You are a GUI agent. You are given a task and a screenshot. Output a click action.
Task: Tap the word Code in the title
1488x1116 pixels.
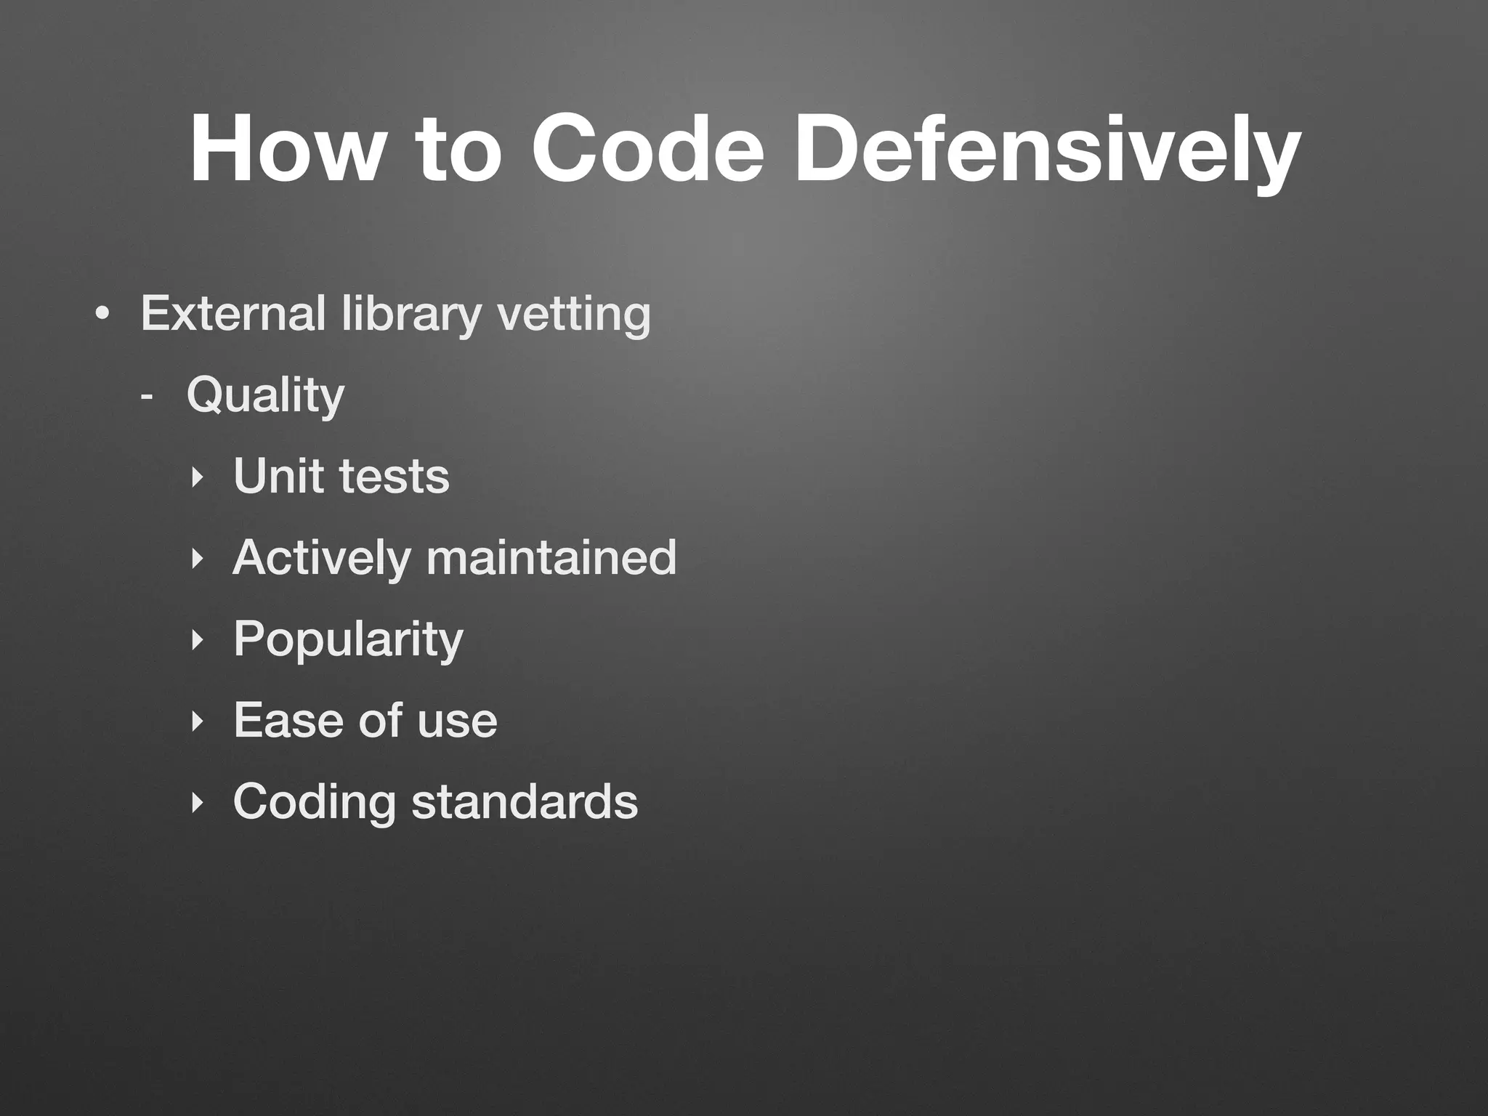pyautogui.click(x=647, y=150)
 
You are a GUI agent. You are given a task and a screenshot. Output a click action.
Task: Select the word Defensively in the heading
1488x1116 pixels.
pyautogui.click(x=1046, y=150)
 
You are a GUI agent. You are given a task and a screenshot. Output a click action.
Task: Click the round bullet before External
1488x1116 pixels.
pyautogui.click(x=102, y=315)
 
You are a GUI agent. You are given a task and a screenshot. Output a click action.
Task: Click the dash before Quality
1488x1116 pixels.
pyautogui.click(x=147, y=397)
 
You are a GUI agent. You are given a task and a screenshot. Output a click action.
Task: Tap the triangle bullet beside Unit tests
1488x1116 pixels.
pyautogui.click(x=195, y=477)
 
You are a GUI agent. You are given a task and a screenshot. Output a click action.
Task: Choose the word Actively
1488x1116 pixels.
pyautogui.click(x=322, y=557)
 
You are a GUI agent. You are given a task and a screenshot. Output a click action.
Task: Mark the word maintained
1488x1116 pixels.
pyautogui.click(x=551, y=557)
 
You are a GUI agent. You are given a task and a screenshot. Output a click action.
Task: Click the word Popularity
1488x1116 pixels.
pyautogui.click(x=348, y=639)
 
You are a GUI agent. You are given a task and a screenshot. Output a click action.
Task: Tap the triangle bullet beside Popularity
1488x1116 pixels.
pyautogui.click(x=195, y=640)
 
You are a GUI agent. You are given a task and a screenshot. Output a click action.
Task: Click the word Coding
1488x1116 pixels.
pyautogui.click(x=314, y=801)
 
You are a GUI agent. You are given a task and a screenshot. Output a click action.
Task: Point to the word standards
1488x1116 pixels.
pyautogui.click(x=525, y=801)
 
